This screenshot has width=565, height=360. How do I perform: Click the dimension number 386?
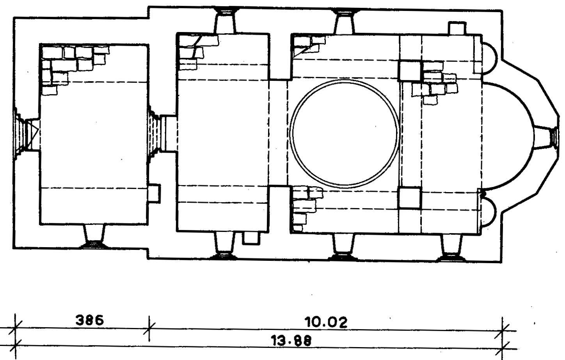(89, 320)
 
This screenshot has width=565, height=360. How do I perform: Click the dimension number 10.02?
(326, 323)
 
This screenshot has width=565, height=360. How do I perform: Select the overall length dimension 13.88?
(291, 341)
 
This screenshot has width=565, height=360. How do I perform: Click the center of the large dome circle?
(345, 134)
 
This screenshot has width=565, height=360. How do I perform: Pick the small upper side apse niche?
(496, 58)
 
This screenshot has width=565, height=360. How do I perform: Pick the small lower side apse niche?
(495, 212)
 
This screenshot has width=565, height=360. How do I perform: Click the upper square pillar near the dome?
(410, 71)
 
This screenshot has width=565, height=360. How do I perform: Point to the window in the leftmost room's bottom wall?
(94, 236)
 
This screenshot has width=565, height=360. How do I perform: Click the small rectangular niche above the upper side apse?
(457, 28)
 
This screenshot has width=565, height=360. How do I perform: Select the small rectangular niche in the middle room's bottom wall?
(251, 238)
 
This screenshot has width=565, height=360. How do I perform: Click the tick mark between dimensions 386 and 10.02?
(149, 329)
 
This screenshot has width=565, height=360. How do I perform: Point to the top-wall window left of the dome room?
(225, 20)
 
